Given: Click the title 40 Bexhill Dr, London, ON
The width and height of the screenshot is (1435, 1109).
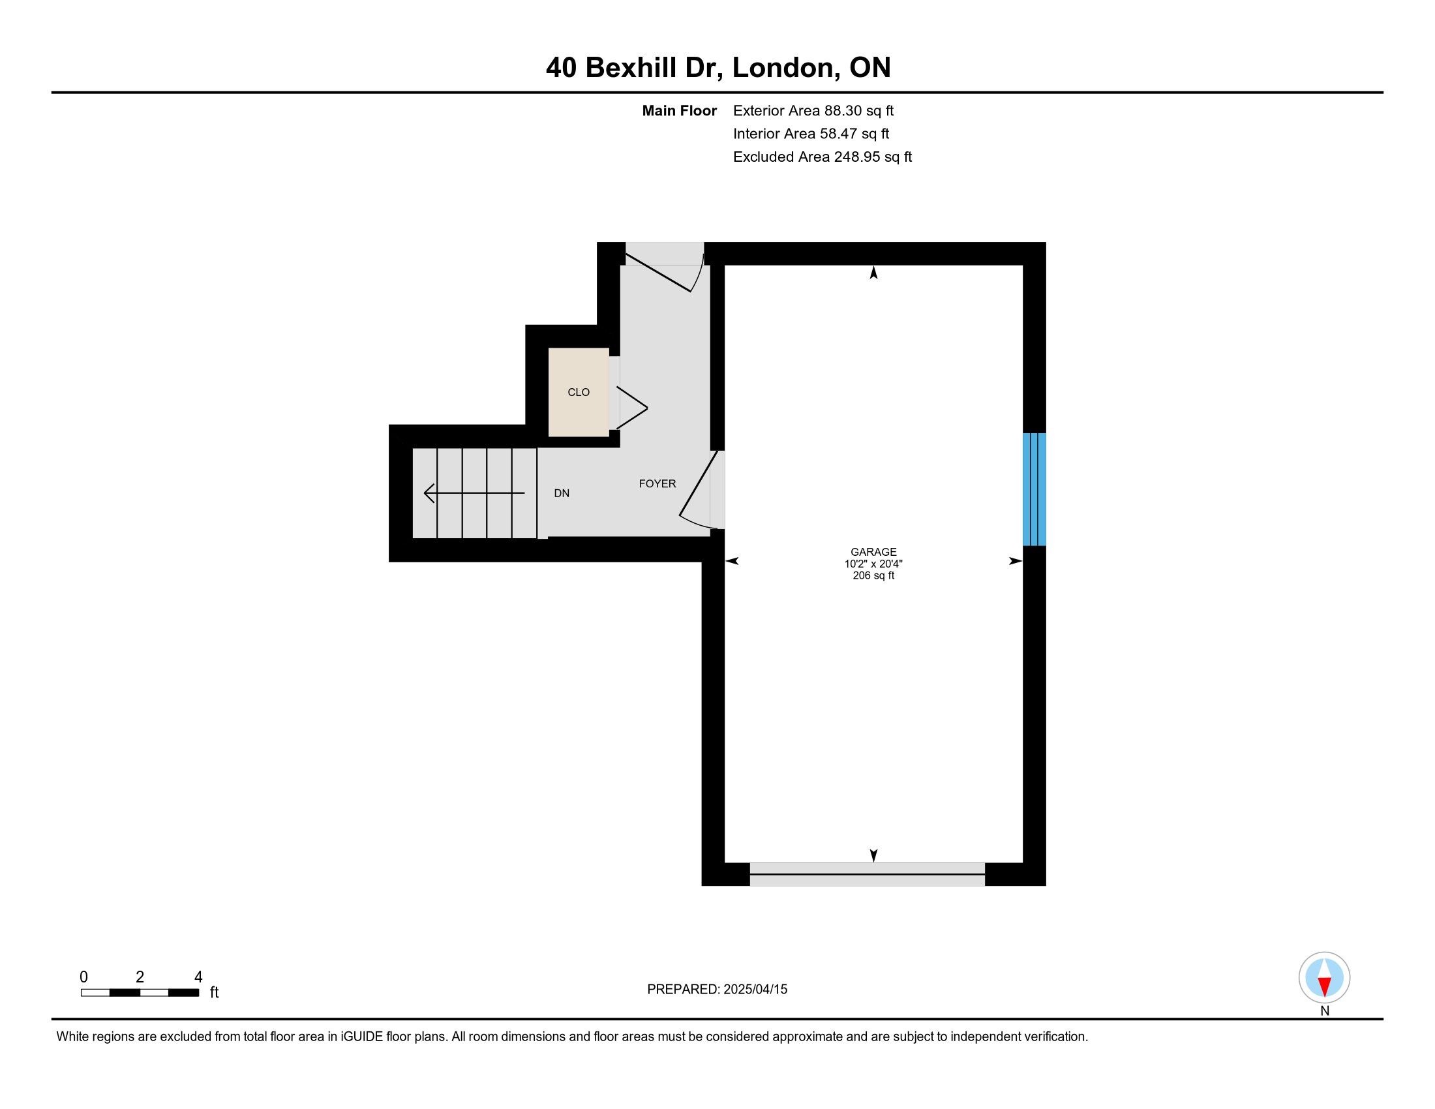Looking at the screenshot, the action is tap(718, 68).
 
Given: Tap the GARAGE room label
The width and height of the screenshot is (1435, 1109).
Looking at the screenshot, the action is tap(873, 552).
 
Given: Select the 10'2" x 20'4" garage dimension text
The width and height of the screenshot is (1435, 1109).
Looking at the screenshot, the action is tap(873, 564).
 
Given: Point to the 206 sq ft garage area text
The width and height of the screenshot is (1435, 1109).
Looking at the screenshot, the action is tap(873, 575).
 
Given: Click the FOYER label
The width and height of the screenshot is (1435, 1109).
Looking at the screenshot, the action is tap(657, 483).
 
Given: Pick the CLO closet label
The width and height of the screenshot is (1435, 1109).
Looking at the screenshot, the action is tap(578, 392).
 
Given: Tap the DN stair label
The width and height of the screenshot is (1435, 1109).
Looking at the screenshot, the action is tap(561, 493).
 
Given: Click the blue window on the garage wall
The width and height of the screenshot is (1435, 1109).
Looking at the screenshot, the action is tap(1035, 489).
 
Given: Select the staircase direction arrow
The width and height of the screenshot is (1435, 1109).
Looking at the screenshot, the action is tap(474, 493).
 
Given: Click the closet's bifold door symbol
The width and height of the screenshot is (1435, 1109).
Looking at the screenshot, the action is tap(632, 407).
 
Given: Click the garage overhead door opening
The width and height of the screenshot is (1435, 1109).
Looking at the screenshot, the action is tap(868, 874).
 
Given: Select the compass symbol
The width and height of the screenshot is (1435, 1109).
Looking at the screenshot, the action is tap(1324, 977).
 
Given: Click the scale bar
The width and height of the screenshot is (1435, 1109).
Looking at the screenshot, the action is tap(140, 992).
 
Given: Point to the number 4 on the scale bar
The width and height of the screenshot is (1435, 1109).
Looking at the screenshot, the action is tap(198, 977).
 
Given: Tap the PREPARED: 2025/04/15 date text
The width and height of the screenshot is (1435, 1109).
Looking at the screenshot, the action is tap(717, 989).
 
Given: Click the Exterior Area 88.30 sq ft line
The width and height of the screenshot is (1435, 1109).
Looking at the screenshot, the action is tap(813, 111).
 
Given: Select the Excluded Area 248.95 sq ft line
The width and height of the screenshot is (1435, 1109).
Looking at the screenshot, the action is tap(823, 157).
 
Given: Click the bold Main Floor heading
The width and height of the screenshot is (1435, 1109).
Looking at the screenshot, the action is tap(680, 111).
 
